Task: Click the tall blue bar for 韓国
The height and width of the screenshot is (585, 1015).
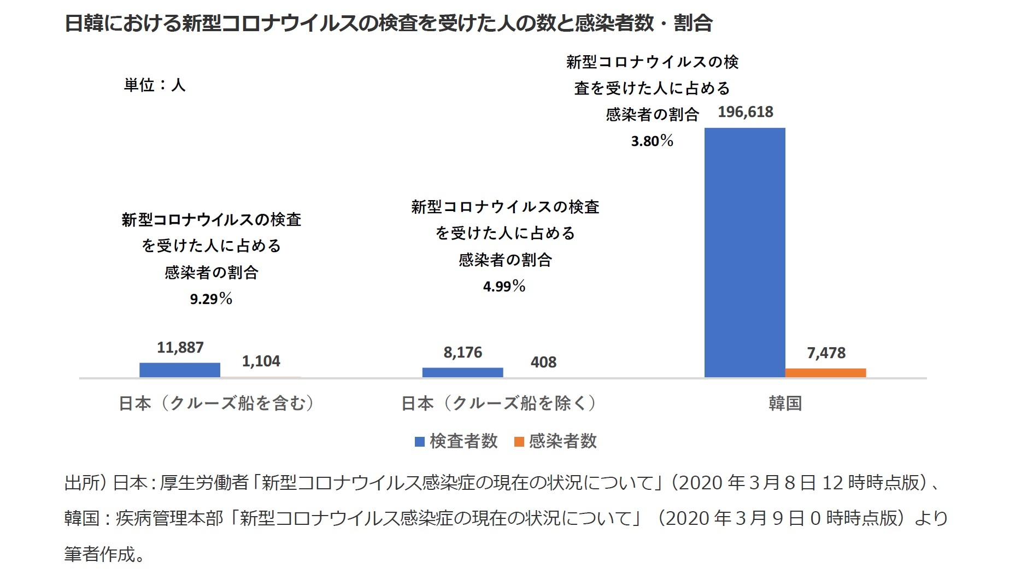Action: (x=744, y=253)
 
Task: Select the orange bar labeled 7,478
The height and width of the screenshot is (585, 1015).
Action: (x=825, y=373)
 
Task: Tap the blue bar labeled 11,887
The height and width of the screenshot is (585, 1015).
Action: (x=179, y=370)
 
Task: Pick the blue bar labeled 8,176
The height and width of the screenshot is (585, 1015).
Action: (x=462, y=372)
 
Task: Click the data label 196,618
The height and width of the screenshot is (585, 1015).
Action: (x=745, y=112)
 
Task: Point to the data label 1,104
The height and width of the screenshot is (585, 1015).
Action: (x=261, y=361)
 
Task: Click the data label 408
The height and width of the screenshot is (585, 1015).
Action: (x=543, y=362)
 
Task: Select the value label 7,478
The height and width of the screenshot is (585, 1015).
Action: (x=826, y=353)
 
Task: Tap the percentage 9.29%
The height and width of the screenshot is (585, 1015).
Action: (x=211, y=299)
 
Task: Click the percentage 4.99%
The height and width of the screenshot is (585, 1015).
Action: (x=504, y=286)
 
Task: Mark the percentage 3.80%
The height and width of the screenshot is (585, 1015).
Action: (x=652, y=142)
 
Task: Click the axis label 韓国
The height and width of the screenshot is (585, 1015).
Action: (x=785, y=403)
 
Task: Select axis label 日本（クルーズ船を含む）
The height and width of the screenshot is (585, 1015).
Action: (x=218, y=403)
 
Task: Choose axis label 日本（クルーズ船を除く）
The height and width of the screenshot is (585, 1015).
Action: (x=500, y=403)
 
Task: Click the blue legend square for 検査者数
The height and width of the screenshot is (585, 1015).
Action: (x=420, y=442)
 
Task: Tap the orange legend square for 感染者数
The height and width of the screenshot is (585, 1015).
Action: (x=519, y=442)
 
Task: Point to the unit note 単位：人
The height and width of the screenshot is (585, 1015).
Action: (x=155, y=85)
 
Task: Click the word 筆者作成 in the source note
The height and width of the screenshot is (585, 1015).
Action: (x=99, y=554)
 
